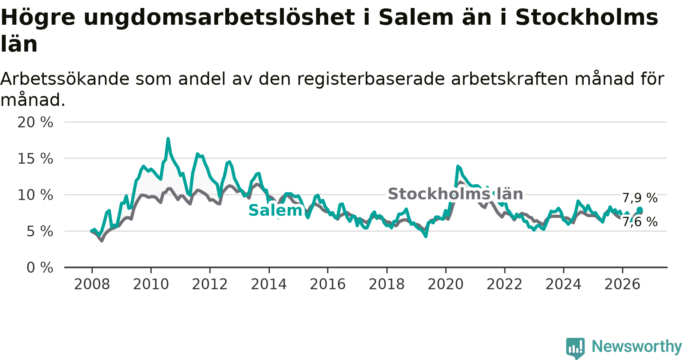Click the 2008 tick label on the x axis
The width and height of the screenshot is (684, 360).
(92, 284)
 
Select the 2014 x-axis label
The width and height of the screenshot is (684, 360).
(269, 284)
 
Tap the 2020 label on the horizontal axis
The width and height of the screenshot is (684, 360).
(446, 284)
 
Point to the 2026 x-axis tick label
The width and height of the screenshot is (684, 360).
(622, 284)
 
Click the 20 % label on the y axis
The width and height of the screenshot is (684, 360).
(35, 122)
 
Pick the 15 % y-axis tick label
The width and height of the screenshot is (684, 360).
(35, 159)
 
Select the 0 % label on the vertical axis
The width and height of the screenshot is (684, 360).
(40, 268)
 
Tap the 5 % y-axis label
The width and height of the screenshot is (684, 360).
(40, 231)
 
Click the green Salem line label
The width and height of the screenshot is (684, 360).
(275, 210)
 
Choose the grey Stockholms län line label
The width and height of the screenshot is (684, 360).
(455, 194)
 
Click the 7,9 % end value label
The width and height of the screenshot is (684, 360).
(640, 198)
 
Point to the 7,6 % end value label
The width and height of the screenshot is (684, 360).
(640, 222)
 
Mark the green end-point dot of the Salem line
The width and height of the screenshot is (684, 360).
(640, 210)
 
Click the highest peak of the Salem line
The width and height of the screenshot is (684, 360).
(168, 139)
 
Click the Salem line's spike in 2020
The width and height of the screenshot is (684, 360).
(458, 166)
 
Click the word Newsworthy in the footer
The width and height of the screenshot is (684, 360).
(637, 346)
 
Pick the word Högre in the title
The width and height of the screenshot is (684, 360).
(38, 17)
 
